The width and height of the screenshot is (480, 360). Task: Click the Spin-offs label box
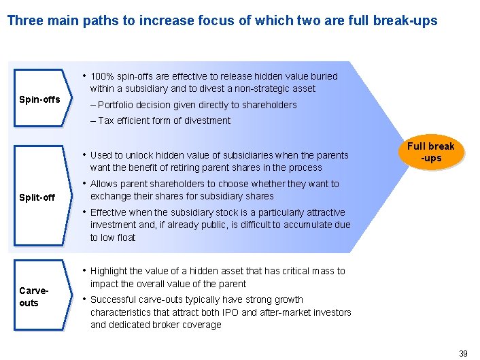(x=39, y=100)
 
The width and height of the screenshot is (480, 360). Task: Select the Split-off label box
(x=37, y=197)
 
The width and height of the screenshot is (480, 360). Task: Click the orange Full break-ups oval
(x=431, y=152)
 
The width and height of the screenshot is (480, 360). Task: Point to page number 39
(x=463, y=353)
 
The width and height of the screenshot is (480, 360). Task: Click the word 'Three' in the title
(x=24, y=20)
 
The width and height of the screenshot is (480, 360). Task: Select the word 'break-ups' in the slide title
(x=409, y=20)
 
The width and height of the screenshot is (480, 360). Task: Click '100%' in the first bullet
(x=102, y=76)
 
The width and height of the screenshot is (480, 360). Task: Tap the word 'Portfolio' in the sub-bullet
(x=118, y=105)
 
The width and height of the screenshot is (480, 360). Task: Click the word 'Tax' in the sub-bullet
(x=106, y=120)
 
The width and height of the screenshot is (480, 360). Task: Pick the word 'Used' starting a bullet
(x=102, y=155)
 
